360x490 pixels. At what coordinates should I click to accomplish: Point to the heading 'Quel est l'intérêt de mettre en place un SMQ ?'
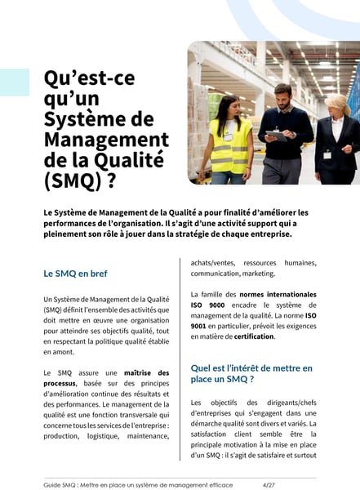pos(251,374)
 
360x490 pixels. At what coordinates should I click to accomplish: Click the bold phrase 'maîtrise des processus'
pos(130,377)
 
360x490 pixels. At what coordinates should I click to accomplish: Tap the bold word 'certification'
pos(254,336)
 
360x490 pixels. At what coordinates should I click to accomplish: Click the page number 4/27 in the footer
pos(269,484)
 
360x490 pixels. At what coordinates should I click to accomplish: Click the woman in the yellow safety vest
pos(229,139)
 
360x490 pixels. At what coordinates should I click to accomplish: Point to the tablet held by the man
pos(277,136)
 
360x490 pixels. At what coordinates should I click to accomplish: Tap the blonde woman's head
pos(335,104)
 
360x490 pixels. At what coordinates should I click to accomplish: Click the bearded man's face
pos(282,94)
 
